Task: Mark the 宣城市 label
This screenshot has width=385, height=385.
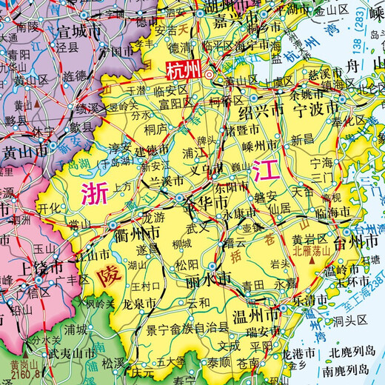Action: point(82,31)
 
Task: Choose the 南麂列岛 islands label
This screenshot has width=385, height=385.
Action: point(353,367)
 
